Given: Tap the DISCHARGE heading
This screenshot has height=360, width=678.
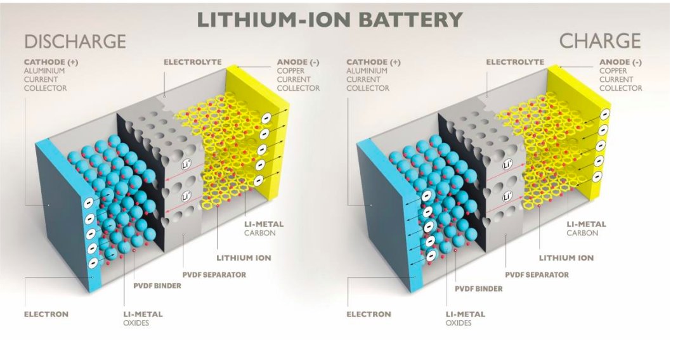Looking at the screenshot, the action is pos(75,42).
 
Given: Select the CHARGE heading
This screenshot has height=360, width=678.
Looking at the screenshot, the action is pos(599,42).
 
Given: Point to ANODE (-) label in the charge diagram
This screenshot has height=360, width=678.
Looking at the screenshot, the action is pos(620,62).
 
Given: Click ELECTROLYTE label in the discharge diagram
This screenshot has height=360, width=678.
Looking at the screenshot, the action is pos(192,62).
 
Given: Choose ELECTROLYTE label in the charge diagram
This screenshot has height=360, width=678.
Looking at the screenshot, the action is pos(515,62).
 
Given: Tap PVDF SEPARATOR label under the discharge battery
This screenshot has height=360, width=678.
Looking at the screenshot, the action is pos(214,274).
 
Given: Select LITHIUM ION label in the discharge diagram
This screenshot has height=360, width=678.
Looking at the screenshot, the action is pos(244,258).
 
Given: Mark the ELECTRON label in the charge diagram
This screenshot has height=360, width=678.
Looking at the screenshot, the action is pos(368,314).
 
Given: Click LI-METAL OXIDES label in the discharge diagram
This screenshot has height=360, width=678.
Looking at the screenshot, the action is pos(143,318).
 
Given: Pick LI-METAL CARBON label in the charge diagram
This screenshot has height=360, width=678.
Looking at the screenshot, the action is pos(586,228).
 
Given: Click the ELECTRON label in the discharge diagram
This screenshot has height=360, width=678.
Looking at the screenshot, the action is pos(46,314).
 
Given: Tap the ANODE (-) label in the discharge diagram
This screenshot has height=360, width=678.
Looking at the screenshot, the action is pos(297,62).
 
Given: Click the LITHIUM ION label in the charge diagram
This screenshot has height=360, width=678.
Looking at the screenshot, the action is pos(566,258).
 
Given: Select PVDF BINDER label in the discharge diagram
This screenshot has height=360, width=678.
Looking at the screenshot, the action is pos(156,286).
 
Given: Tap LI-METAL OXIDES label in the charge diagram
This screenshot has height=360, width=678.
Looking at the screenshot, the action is pos(465,318).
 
